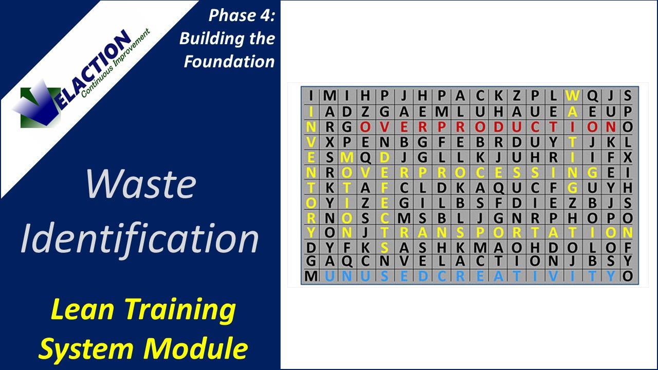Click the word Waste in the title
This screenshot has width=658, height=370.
tap(140, 184)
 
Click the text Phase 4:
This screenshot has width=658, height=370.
tap(241, 16)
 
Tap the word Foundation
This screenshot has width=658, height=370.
tap(229, 61)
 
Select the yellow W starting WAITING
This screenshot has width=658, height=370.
tap(572, 96)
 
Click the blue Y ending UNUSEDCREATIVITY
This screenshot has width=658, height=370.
tap(610, 276)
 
